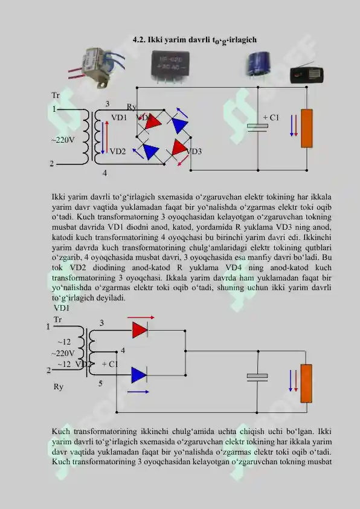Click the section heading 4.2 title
point(194,41)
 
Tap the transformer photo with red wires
point(96,67)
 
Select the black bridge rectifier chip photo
point(170,66)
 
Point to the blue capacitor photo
point(257,64)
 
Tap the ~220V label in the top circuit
point(63,140)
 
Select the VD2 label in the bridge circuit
point(118,151)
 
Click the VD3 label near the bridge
point(194,151)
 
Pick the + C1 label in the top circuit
point(271,117)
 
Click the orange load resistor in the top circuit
point(307,128)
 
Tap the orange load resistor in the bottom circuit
point(306,383)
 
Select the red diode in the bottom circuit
point(140,330)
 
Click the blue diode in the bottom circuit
point(139,375)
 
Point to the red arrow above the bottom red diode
point(141,317)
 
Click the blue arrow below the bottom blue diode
point(138,392)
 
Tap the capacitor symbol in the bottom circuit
point(257,377)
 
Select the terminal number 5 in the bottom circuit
point(100,383)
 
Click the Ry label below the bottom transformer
point(59,387)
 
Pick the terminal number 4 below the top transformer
point(104,173)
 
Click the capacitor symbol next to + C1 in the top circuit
point(257,128)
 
